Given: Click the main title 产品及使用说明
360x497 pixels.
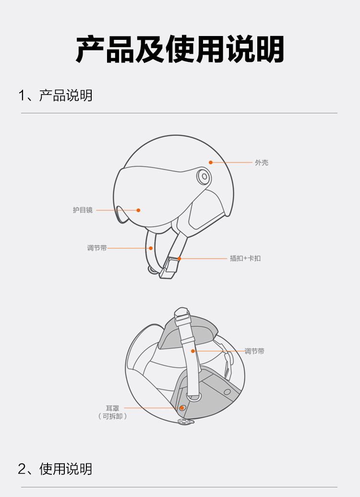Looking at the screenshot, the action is [180, 49].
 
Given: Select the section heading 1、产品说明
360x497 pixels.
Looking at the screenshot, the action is [55, 96].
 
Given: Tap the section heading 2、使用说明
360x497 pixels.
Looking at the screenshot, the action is [55, 469].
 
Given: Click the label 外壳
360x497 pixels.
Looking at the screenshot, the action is [262, 163].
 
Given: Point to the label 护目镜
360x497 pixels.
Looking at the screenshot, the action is [83, 210].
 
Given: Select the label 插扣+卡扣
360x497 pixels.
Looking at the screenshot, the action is [245, 258].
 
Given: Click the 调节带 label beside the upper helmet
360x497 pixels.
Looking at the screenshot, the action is [97, 248].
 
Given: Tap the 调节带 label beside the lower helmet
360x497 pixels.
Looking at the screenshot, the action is [254, 351].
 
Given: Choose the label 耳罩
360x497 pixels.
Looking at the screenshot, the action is [112, 408].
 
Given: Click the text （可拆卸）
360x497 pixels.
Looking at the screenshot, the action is [112, 416].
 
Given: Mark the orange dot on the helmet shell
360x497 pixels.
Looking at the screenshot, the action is [210, 163].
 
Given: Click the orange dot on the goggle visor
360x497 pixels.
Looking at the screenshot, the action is [138, 210].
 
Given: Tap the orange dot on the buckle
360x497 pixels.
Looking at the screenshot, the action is [179, 259].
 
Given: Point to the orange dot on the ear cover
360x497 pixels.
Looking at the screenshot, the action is [181, 408].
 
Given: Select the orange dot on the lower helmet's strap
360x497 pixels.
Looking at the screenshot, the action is [192, 351].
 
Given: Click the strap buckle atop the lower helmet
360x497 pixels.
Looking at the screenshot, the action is [182, 313].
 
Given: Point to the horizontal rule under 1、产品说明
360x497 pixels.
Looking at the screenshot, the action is [180, 113].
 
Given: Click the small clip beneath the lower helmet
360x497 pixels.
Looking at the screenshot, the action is [185, 422].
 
